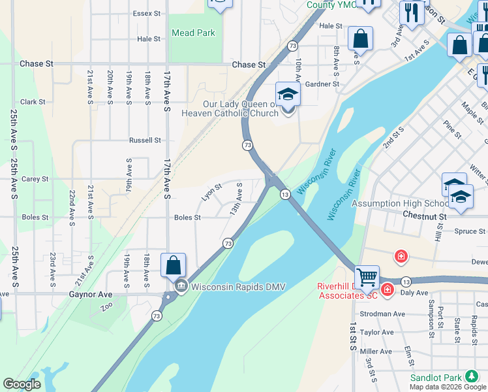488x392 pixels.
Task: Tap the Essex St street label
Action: coord(146,14)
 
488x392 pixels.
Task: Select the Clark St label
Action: coord(33,102)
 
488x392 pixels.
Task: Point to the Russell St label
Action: coord(145,140)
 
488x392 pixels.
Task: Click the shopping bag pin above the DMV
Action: coord(173,265)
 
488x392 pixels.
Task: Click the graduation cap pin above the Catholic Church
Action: coord(288,94)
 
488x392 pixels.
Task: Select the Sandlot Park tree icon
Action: coord(471,377)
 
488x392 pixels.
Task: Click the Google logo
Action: coord(22,384)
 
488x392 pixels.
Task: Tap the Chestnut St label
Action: coord(424,215)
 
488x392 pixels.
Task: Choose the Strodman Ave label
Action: coord(382,314)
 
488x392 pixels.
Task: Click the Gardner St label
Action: coord(322,84)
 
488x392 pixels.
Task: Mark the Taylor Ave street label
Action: coord(378,332)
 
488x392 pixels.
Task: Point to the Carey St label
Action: coord(35,179)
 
